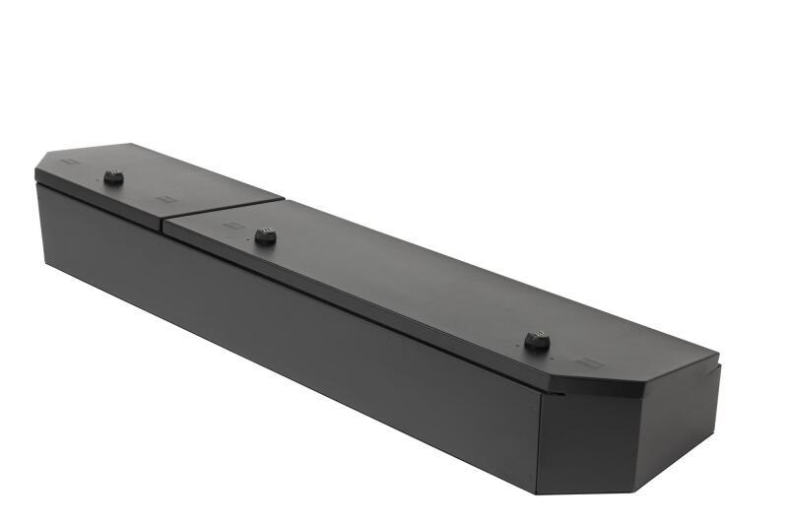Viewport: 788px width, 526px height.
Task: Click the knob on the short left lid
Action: pyautogui.click(x=113, y=178)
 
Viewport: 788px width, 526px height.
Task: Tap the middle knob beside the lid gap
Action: pyautogui.click(x=265, y=236)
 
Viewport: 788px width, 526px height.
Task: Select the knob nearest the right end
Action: pyautogui.click(x=536, y=341)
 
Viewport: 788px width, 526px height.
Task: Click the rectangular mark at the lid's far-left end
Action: pyautogui.click(x=68, y=164)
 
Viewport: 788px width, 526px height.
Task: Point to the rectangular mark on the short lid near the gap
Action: pyautogui.click(x=164, y=199)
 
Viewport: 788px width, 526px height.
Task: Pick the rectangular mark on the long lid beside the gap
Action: pyautogui.click(x=232, y=225)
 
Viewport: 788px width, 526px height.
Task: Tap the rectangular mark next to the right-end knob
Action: pyautogui.click(x=589, y=362)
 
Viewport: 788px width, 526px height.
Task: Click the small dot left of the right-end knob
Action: pyautogui.click(x=512, y=338)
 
